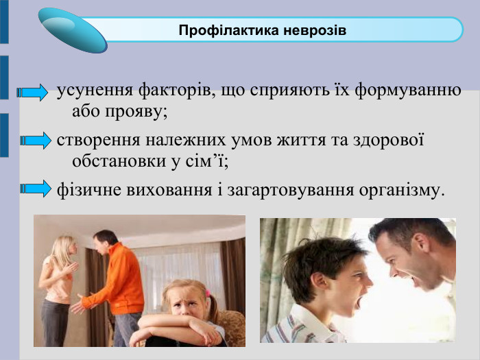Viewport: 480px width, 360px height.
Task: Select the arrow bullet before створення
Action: pos(36,141)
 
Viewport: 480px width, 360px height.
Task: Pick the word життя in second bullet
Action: pos(278,140)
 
